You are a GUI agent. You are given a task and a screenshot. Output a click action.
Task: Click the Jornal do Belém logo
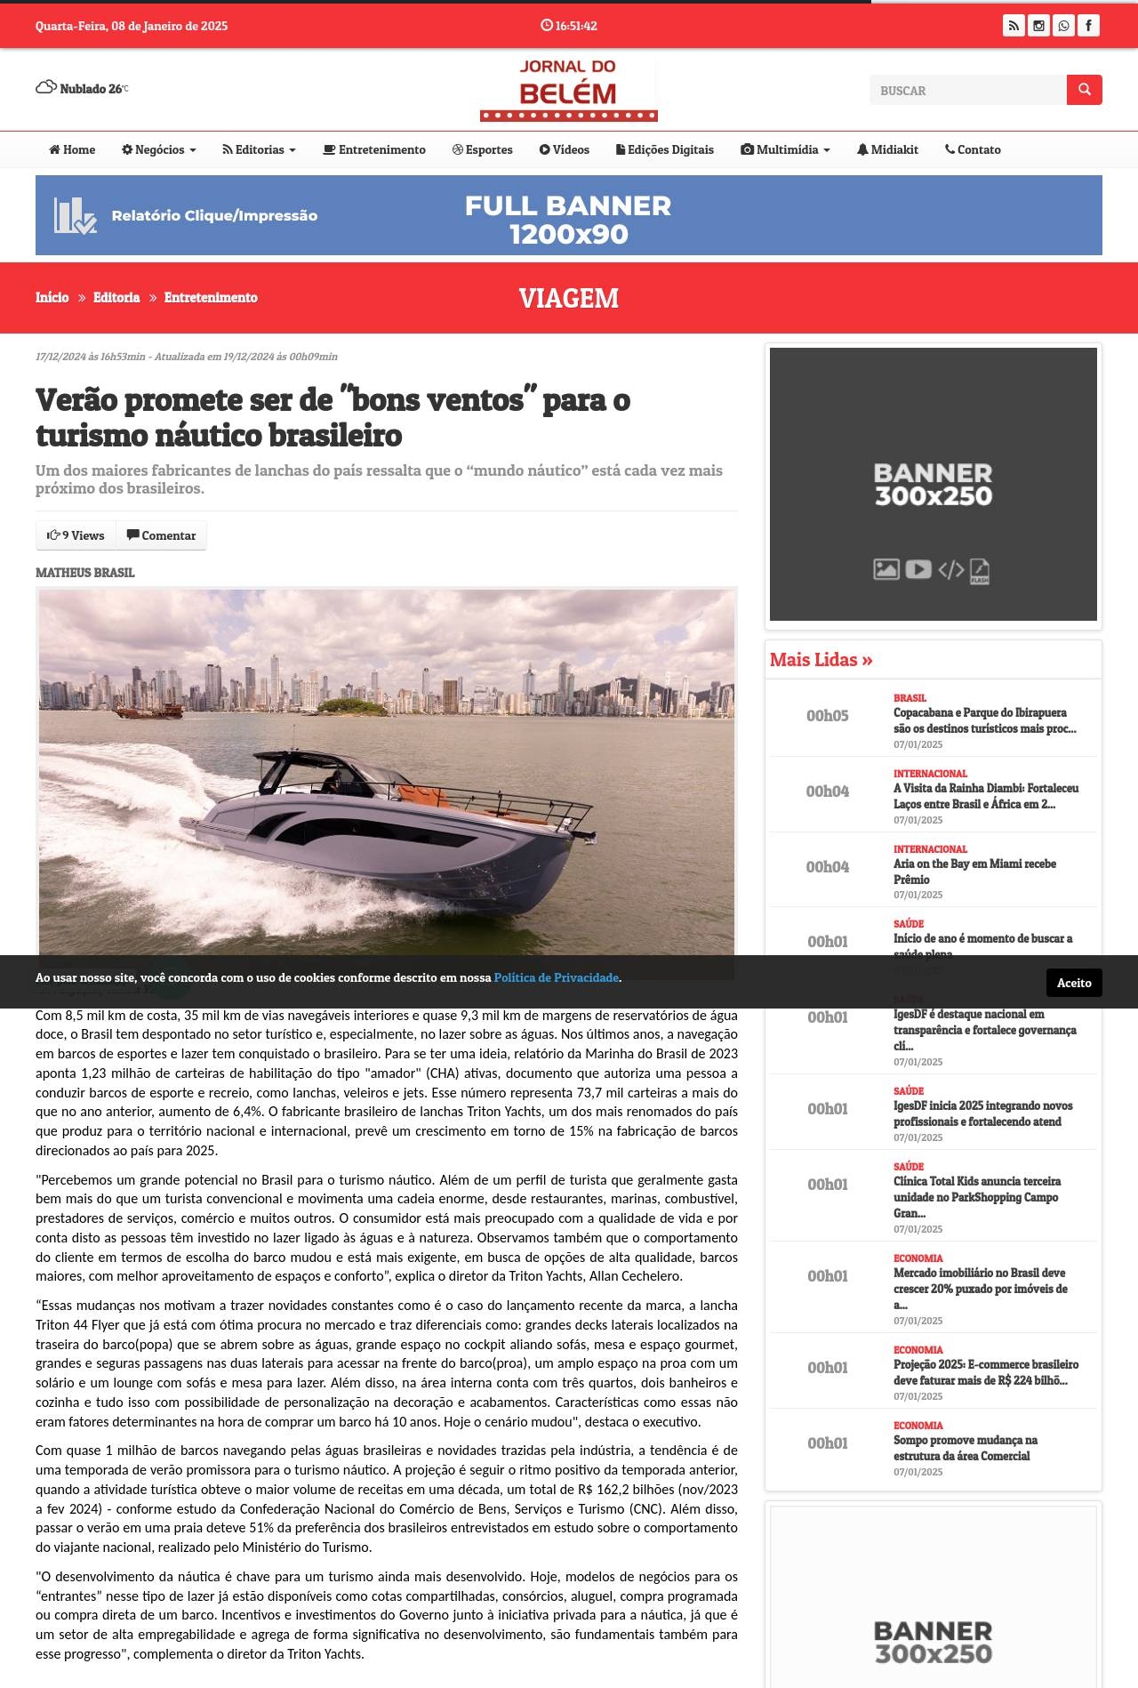(568, 89)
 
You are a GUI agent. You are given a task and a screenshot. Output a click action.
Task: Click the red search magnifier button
(1084, 90)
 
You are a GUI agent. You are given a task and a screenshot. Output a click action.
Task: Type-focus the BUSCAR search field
(967, 91)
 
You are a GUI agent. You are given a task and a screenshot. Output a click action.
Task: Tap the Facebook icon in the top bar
(1088, 26)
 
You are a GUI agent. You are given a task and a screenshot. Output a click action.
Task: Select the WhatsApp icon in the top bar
(1063, 26)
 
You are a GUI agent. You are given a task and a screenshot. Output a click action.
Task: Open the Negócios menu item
(159, 149)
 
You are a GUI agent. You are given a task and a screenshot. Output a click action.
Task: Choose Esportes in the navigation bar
(483, 149)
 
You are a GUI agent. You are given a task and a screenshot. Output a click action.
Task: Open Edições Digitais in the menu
(665, 149)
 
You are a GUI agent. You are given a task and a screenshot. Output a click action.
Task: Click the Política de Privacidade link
(556, 977)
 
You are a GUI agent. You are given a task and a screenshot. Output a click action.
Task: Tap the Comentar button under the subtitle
(161, 535)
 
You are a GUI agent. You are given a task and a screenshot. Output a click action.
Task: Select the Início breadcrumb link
(52, 297)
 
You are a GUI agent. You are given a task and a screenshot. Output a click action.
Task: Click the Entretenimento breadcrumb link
(211, 297)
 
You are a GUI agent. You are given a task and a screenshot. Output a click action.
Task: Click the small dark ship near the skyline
(150, 710)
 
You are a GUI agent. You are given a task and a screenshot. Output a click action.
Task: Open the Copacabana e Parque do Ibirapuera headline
(984, 720)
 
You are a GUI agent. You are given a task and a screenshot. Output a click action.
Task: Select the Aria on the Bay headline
(974, 871)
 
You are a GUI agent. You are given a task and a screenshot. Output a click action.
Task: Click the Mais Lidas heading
(821, 660)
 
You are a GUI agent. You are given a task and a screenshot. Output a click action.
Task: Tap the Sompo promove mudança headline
(965, 1447)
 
